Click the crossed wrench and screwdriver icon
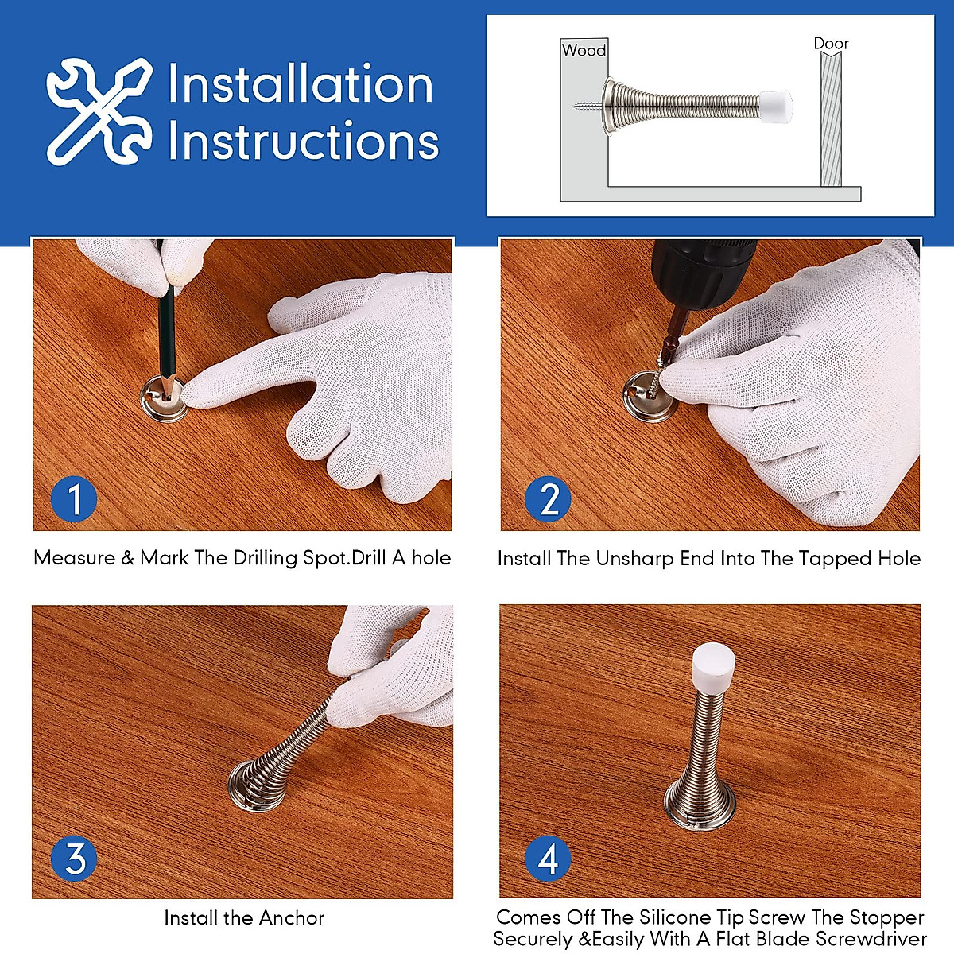99,111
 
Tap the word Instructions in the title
303,142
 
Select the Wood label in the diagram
584,50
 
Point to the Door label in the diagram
831,44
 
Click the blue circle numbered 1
74,500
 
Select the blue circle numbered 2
549,500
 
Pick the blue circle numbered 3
74,859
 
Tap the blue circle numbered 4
549,859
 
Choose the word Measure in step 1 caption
74,558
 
